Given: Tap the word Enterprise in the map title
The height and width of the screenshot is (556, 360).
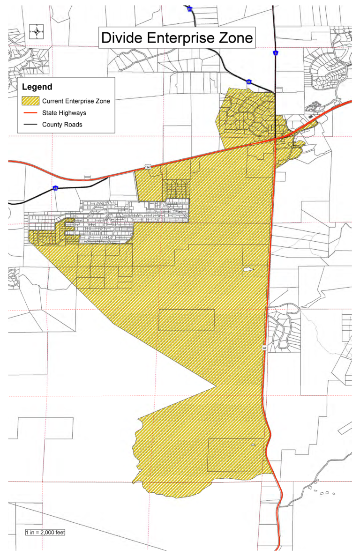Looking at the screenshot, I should [x=181, y=37].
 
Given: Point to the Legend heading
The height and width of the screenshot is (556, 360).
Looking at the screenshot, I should [x=37, y=87].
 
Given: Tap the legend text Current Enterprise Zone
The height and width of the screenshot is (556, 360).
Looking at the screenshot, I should [x=76, y=101].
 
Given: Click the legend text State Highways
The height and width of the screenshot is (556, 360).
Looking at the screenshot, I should [x=64, y=113].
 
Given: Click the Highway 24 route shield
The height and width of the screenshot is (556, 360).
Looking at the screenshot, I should [x=148, y=167].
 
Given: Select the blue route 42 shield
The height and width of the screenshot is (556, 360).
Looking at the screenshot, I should [x=55, y=188].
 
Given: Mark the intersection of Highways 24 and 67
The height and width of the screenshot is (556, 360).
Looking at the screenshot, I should [x=275, y=139].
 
